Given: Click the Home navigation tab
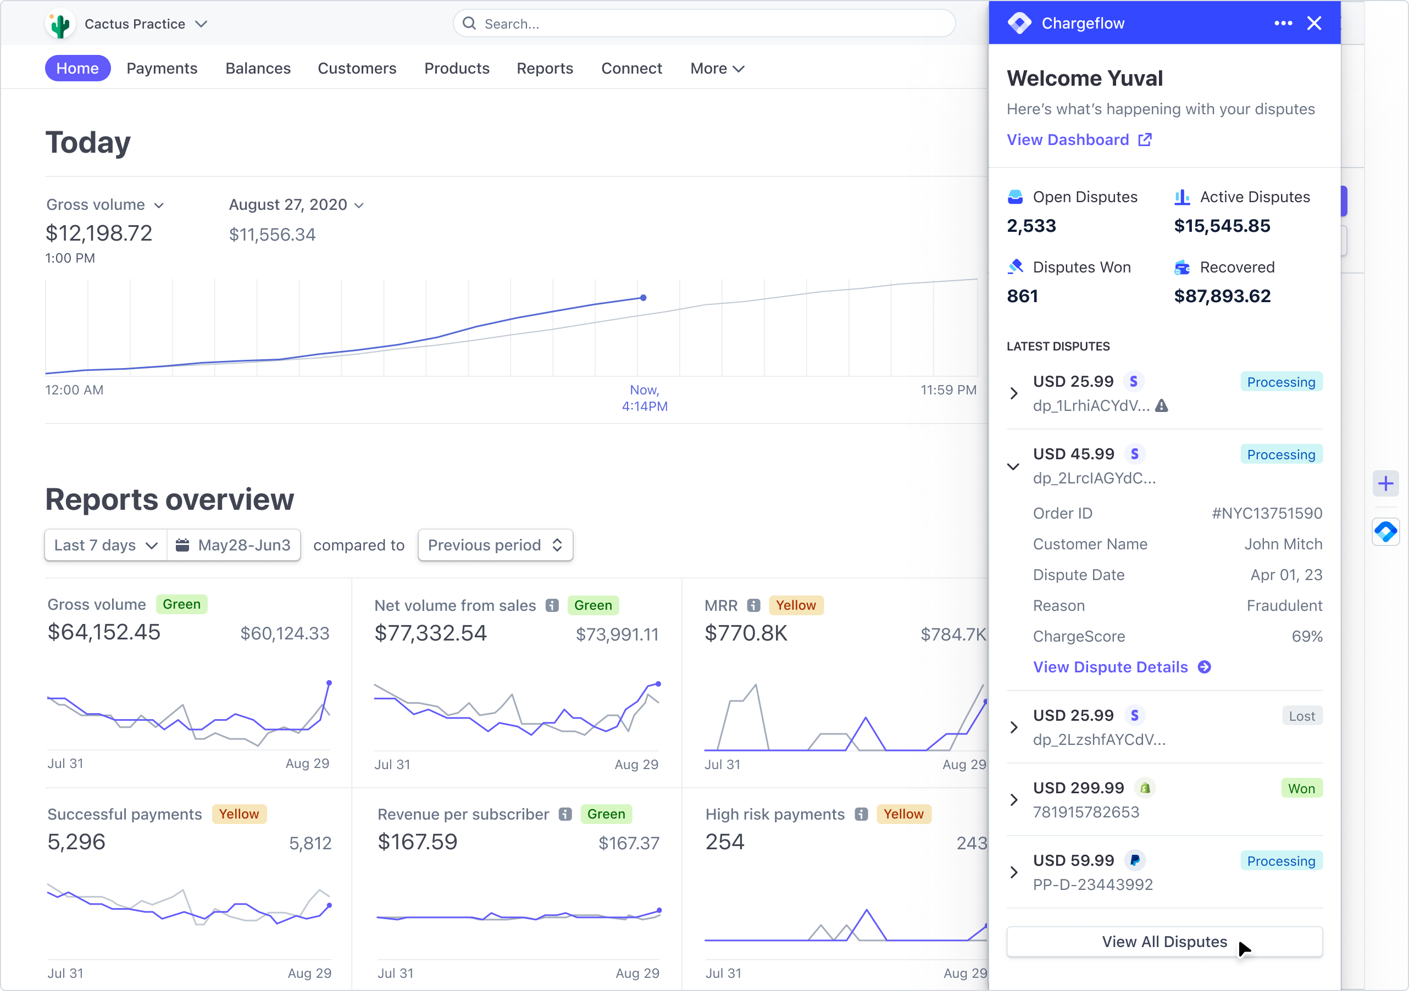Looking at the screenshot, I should [x=77, y=68].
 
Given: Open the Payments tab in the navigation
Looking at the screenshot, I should [x=162, y=68].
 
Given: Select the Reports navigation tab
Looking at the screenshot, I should [x=545, y=68].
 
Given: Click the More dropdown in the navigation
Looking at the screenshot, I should [x=717, y=68].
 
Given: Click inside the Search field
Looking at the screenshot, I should [x=706, y=24].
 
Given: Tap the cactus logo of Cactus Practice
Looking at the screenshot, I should [x=60, y=25].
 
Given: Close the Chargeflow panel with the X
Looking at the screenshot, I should [x=1314, y=23].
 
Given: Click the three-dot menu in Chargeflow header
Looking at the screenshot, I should [x=1283, y=23].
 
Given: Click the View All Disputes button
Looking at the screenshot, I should [x=1163, y=942].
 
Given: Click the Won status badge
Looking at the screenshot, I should [x=1301, y=788].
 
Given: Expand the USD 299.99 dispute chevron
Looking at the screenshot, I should [x=1014, y=799].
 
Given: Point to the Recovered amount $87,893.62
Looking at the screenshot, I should [x=1222, y=297].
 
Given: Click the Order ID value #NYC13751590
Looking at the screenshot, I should [x=1267, y=513].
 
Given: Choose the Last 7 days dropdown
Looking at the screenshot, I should [x=106, y=545].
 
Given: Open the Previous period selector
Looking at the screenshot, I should [x=495, y=545].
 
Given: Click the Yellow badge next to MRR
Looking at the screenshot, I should [x=795, y=605].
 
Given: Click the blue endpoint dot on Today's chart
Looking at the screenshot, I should [x=643, y=298].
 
